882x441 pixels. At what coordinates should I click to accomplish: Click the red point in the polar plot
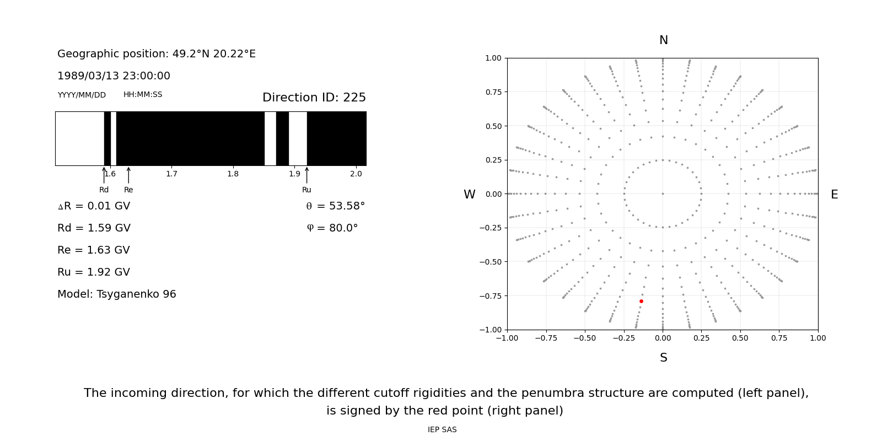tap(641, 301)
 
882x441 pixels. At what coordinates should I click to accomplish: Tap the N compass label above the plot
tap(663, 40)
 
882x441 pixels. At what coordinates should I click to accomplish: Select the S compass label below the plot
tap(663, 358)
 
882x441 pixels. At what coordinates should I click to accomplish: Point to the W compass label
tap(469, 195)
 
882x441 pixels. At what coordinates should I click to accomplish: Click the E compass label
tap(834, 195)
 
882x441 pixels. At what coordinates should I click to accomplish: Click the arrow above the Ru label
tap(306, 175)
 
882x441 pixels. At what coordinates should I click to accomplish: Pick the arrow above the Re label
tap(128, 175)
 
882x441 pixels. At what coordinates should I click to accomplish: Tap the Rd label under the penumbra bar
tap(104, 190)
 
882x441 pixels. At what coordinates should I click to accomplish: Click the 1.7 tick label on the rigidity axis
tap(171, 174)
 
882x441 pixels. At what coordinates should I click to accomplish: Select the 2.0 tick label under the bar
tap(356, 174)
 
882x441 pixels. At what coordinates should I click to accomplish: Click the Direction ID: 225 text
tap(314, 98)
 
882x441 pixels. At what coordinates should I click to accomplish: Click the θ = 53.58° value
tap(335, 206)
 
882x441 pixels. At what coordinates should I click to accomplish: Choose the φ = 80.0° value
tap(332, 228)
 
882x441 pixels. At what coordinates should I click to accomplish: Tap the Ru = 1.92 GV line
tap(94, 272)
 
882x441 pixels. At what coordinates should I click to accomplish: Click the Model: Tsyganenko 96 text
tap(117, 294)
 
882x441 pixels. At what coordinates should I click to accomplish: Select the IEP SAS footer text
tap(442, 430)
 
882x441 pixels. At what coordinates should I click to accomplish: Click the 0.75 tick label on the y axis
tap(493, 92)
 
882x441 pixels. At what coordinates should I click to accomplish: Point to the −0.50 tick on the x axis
tap(585, 338)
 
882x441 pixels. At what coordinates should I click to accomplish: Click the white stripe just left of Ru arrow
tap(298, 138)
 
